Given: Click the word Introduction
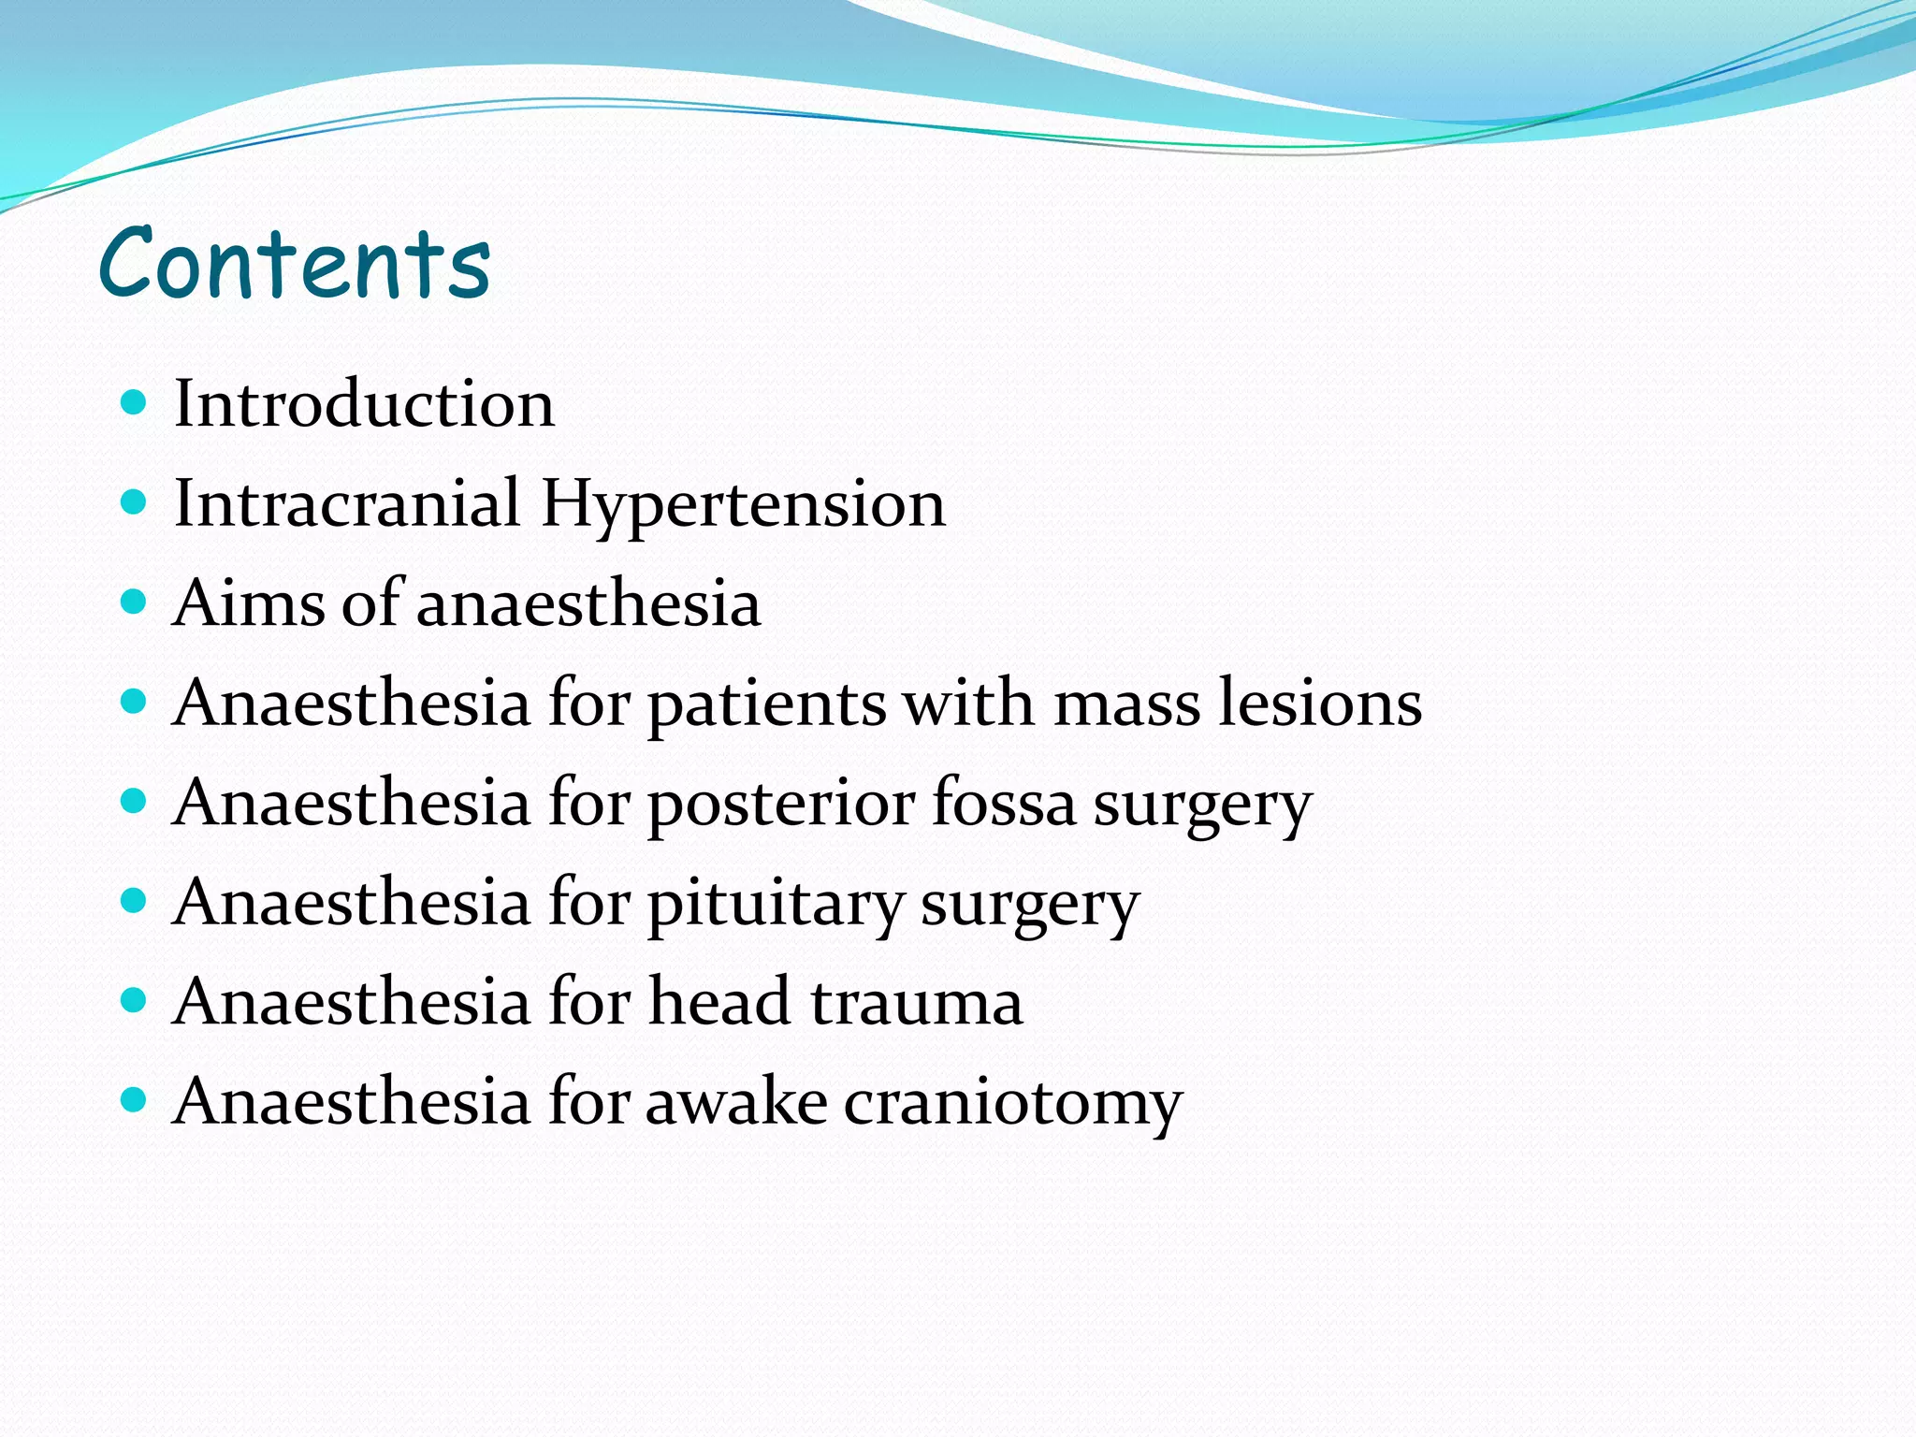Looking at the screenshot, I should [x=364, y=404].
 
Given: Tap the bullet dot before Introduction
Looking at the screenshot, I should [x=135, y=403].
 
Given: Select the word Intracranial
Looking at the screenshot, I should [x=346, y=503].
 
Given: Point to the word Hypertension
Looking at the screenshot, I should [x=743, y=505].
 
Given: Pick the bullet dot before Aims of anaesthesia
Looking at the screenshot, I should [x=135, y=602].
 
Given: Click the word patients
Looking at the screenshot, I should [x=767, y=704].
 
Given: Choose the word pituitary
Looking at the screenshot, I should [x=776, y=905].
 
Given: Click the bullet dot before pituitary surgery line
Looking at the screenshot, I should [x=135, y=901].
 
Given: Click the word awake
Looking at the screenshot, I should [x=736, y=1102].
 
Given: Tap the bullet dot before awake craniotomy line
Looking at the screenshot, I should [x=135, y=1100].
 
